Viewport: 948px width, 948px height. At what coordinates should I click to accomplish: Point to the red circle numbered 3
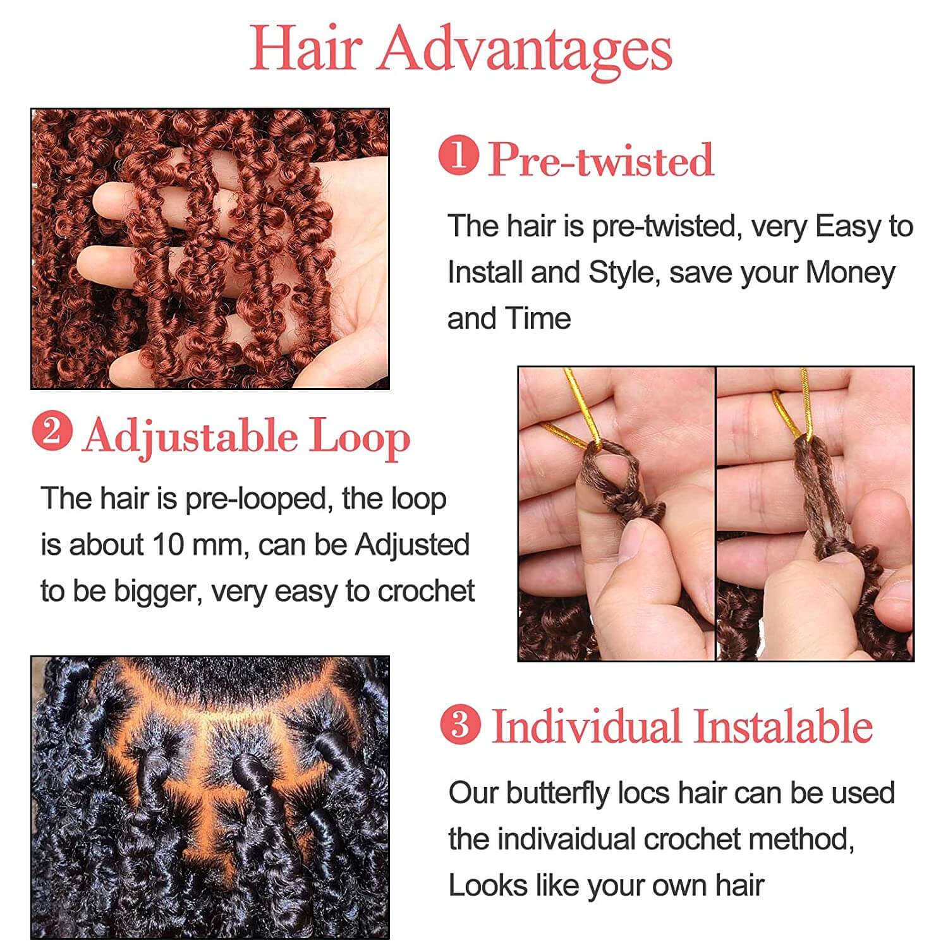pos(461,724)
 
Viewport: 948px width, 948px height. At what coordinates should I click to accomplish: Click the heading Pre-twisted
pos(601,159)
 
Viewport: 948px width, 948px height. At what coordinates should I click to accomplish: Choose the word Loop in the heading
pos(359,437)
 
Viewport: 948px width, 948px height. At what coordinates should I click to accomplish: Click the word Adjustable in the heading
pos(190,437)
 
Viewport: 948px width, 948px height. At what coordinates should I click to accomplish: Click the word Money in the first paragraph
pos(850,273)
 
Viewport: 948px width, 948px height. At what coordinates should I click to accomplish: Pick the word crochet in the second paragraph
pos(426,592)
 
